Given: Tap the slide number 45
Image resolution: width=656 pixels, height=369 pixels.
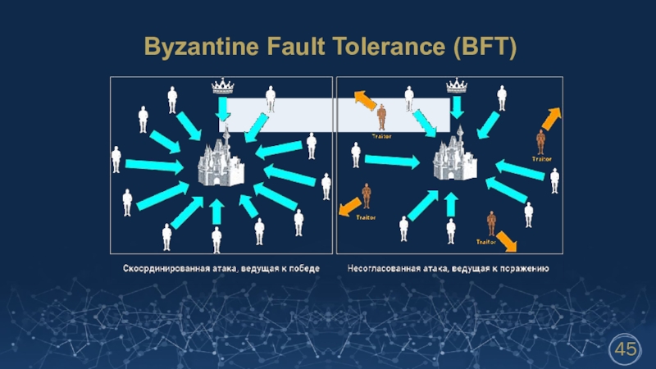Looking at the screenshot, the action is (x=626, y=350).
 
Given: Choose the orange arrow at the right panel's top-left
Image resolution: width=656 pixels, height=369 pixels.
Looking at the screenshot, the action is (x=366, y=103).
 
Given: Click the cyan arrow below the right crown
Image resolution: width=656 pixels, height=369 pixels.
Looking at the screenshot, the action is (x=458, y=107).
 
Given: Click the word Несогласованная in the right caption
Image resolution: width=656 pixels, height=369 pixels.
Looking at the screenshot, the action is (x=385, y=269).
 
